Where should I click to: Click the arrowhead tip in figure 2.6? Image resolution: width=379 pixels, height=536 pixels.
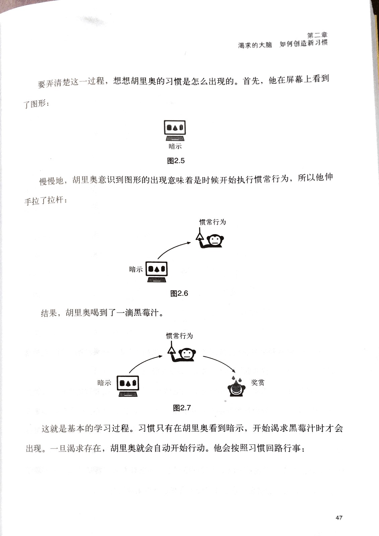(x=191, y=243)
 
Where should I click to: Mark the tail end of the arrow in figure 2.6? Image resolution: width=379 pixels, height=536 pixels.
(x=158, y=259)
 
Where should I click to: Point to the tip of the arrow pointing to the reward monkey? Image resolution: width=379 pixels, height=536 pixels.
(x=235, y=373)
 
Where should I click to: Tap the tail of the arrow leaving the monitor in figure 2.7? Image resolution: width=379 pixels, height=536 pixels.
(x=129, y=373)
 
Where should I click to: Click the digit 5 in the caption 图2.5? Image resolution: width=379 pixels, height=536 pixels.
(x=182, y=161)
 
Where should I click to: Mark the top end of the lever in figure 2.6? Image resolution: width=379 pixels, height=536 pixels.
(x=199, y=227)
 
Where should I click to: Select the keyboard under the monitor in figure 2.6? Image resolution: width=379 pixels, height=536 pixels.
(x=157, y=280)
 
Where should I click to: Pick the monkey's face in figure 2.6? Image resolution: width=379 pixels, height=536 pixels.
(x=215, y=240)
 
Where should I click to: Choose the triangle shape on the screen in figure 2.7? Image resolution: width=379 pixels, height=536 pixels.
(x=128, y=383)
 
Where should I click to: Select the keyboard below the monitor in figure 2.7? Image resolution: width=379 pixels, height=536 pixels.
(x=128, y=394)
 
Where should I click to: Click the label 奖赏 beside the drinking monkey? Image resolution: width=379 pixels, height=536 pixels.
(x=258, y=382)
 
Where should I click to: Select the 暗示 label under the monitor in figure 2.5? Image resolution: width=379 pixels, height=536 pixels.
(x=175, y=146)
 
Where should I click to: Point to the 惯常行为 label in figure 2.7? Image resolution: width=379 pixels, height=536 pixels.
(x=179, y=336)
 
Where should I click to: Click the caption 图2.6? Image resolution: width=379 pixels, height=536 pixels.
(x=179, y=293)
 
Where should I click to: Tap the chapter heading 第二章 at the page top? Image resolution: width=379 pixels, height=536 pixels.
(x=317, y=35)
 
